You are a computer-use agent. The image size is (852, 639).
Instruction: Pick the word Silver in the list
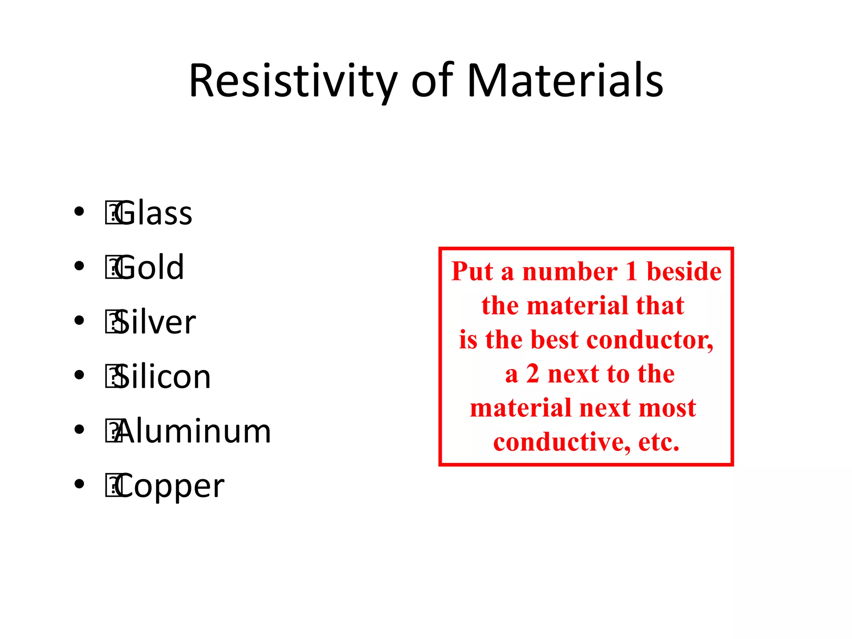coord(156,322)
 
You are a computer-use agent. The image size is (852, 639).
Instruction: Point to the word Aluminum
coord(194,431)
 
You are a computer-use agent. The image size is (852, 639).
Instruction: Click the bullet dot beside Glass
coord(79,211)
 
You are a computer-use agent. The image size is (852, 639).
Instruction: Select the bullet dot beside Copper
coord(79,484)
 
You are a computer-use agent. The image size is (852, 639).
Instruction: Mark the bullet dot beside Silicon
coord(79,375)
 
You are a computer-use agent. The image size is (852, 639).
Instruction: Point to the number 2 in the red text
coord(532,374)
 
